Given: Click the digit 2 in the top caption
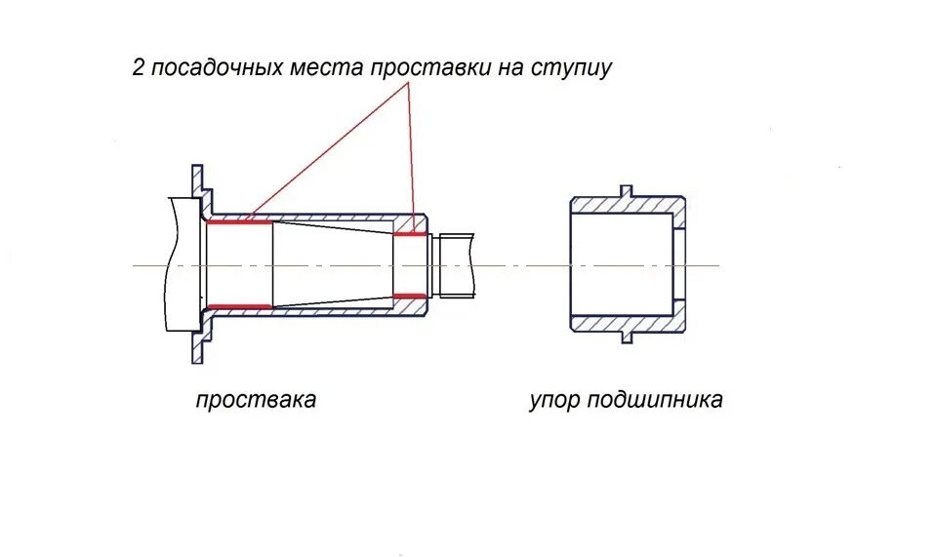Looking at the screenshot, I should click(x=138, y=68).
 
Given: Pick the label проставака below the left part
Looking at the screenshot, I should click(x=256, y=400).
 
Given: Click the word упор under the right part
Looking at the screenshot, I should click(x=554, y=400).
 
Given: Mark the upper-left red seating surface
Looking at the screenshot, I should click(x=240, y=221).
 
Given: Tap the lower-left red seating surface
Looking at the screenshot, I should click(x=240, y=306).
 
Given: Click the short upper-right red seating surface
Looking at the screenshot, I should click(x=411, y=233).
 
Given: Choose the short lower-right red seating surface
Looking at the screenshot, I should click(x=411, y=295).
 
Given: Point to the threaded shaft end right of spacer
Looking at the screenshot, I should click(x=457, y=264).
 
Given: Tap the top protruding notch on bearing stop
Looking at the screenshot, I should click(x=627, y=191).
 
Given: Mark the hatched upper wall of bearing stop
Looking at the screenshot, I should click(x=625, y=206).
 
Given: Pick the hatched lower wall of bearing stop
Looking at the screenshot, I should click(x=625, y=322).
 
